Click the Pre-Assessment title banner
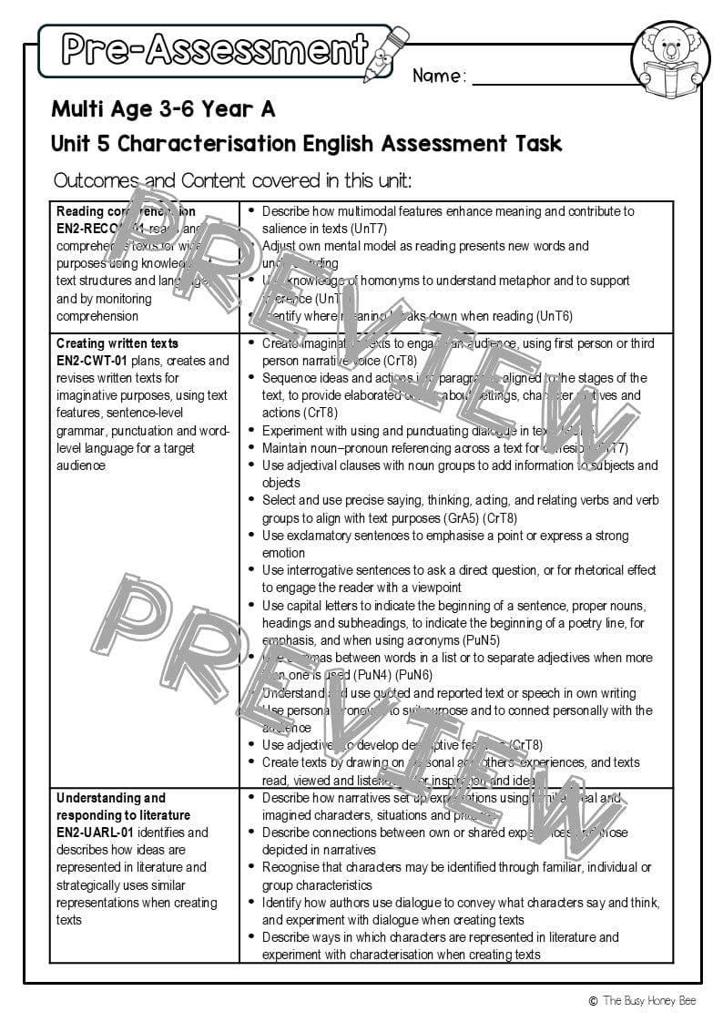[215, 49]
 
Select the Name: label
[439, 77]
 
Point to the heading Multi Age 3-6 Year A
[163, 110]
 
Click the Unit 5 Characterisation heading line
[306, 144]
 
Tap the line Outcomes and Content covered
[232, 180]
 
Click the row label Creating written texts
[117, 343]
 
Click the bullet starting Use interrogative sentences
[459, 578]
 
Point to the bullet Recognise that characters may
[456, 875]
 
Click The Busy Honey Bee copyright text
[642, 1001]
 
